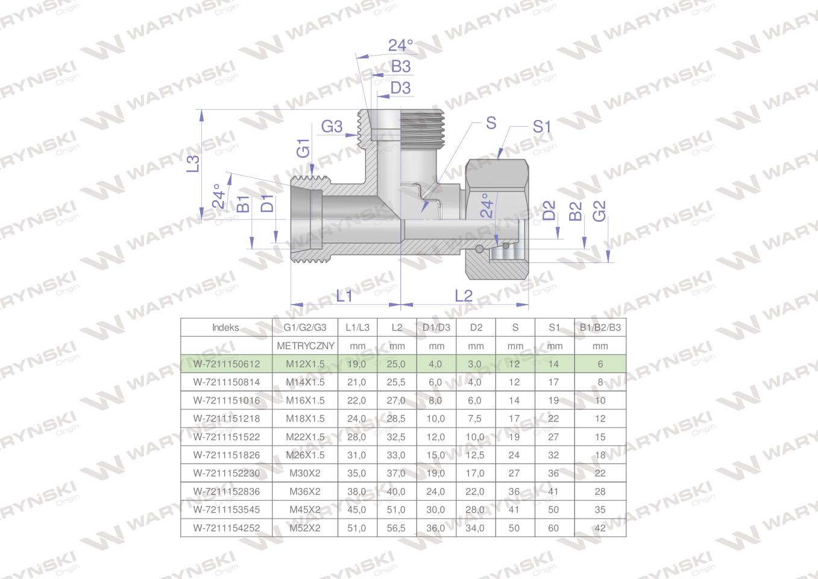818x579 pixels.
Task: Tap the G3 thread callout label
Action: click(332, 127)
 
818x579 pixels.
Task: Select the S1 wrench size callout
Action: click(541, 127)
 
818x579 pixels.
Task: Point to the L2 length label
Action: click(464, 296)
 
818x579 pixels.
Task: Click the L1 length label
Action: click(344, 296)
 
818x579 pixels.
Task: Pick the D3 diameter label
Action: click(401, 87)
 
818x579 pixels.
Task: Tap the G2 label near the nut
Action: click(599, 211)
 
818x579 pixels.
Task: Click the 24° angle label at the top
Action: click(401, 45)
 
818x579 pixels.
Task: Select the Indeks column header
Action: click(225, 327)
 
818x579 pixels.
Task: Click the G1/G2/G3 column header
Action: click(305, 327)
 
